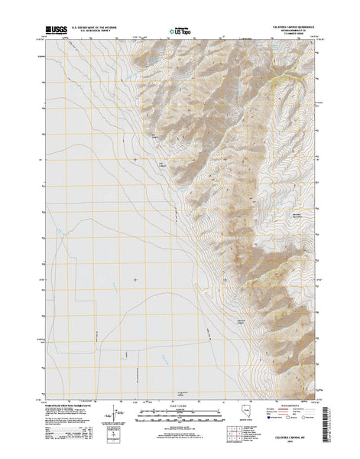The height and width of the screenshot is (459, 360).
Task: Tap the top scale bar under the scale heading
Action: point(178,412)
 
